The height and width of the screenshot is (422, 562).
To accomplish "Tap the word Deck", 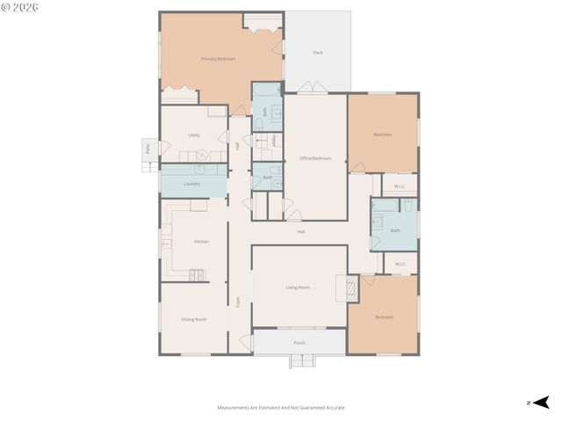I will coord(318,53).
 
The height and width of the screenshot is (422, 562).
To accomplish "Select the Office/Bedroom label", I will coord(315,158).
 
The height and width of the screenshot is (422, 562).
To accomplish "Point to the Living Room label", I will coord(298,287).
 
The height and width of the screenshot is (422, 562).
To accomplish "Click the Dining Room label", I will coord(194,319).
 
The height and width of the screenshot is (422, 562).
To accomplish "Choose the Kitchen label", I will coord(201,241).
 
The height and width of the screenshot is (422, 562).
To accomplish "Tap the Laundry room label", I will coord(192,184).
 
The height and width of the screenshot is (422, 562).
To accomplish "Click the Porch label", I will coord(299,343).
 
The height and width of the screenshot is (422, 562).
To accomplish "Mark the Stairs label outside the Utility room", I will coord(148,149).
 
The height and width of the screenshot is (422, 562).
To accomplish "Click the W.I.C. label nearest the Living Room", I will coord(400,264).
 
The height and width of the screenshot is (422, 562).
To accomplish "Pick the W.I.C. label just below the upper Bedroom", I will coord(400,186).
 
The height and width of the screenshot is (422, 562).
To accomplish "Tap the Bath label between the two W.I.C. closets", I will coord(395,230).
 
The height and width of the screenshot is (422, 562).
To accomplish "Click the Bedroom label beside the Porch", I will coord(384,316).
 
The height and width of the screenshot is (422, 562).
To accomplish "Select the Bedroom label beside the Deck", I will coord(382,135).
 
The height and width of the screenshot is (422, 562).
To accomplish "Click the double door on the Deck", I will coord(309,89).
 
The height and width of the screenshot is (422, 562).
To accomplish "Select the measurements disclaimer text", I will coord(281,407).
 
